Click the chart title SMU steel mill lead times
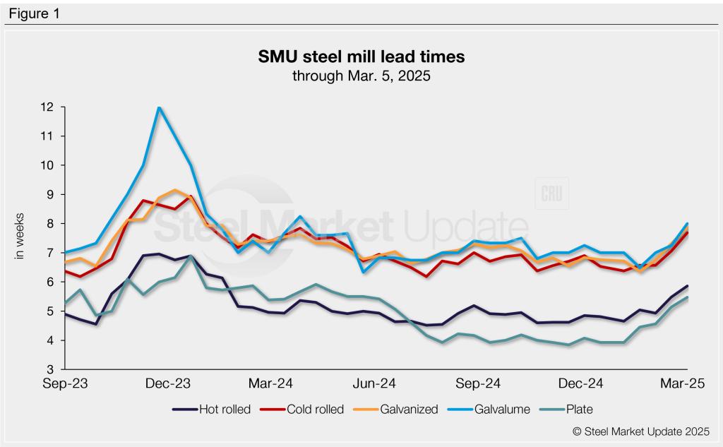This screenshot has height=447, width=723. tap(361, 56)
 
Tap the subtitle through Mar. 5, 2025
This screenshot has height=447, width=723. tap(361, 75)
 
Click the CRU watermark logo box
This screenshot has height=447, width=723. tap(551, 194)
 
